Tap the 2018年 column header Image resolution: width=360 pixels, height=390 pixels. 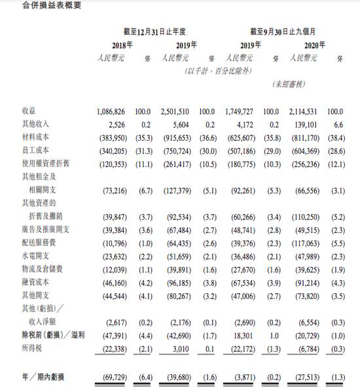(x=122, y=44)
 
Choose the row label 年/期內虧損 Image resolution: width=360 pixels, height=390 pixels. (x=43, y=378)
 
